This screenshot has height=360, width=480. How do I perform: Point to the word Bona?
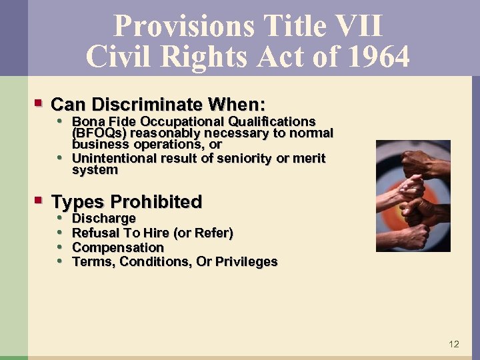point(87,121)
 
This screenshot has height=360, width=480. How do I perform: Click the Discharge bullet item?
point(103,218)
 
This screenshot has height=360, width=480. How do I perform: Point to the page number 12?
point(453,344)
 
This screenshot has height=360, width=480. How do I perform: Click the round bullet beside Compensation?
point(60,247)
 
